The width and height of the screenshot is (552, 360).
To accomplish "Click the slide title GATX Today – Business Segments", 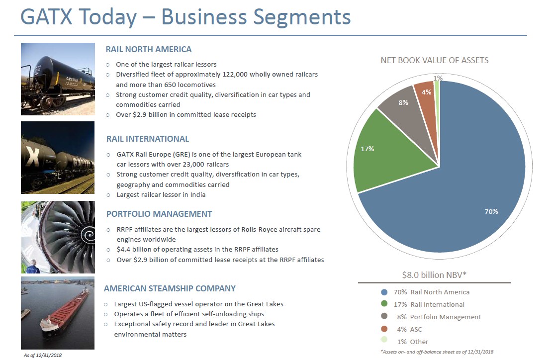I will (185, 17).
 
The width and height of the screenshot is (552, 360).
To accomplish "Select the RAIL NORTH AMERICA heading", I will (149, 49).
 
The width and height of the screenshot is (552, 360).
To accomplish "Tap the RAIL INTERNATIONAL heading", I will (148, 139).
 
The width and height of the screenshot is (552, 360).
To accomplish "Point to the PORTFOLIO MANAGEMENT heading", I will (159, 214).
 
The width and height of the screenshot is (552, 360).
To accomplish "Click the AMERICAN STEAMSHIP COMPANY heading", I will (170, 288).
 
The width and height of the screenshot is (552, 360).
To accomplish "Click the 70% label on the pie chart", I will (491, 211).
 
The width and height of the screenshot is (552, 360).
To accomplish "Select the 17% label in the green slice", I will (368, 149).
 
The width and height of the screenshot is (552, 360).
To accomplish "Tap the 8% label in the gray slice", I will (403, 102).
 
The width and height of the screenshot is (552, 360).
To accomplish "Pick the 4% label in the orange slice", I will (426, 92).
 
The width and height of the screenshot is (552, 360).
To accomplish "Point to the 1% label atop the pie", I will (438, 78).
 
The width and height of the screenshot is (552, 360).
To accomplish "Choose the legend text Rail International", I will (437, 304).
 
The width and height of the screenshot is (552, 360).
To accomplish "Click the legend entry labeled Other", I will (419, 342).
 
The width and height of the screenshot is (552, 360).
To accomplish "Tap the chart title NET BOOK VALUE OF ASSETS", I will (434, 60).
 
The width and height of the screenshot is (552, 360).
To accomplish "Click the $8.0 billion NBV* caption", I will (434, 274).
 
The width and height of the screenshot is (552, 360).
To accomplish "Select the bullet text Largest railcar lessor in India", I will (161, 194).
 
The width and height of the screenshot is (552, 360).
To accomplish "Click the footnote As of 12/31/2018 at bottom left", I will (43, 355).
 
